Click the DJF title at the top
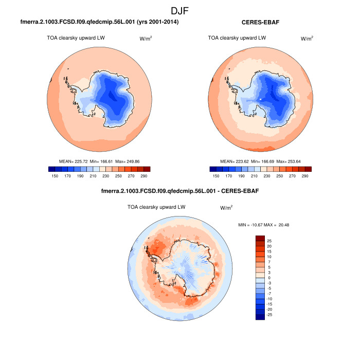(180, 10)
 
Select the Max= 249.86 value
(128, 161)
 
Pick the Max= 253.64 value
(290, 161)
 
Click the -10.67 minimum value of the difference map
(256, 225)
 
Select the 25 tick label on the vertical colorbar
(269, 240)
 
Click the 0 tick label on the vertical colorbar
(268, 278)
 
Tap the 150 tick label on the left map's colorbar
(55, 176)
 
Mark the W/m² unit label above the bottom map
(226, 208)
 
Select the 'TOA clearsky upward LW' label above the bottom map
(156, 207)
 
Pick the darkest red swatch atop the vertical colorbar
(260, 238)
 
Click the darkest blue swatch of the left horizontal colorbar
(51, 169)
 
